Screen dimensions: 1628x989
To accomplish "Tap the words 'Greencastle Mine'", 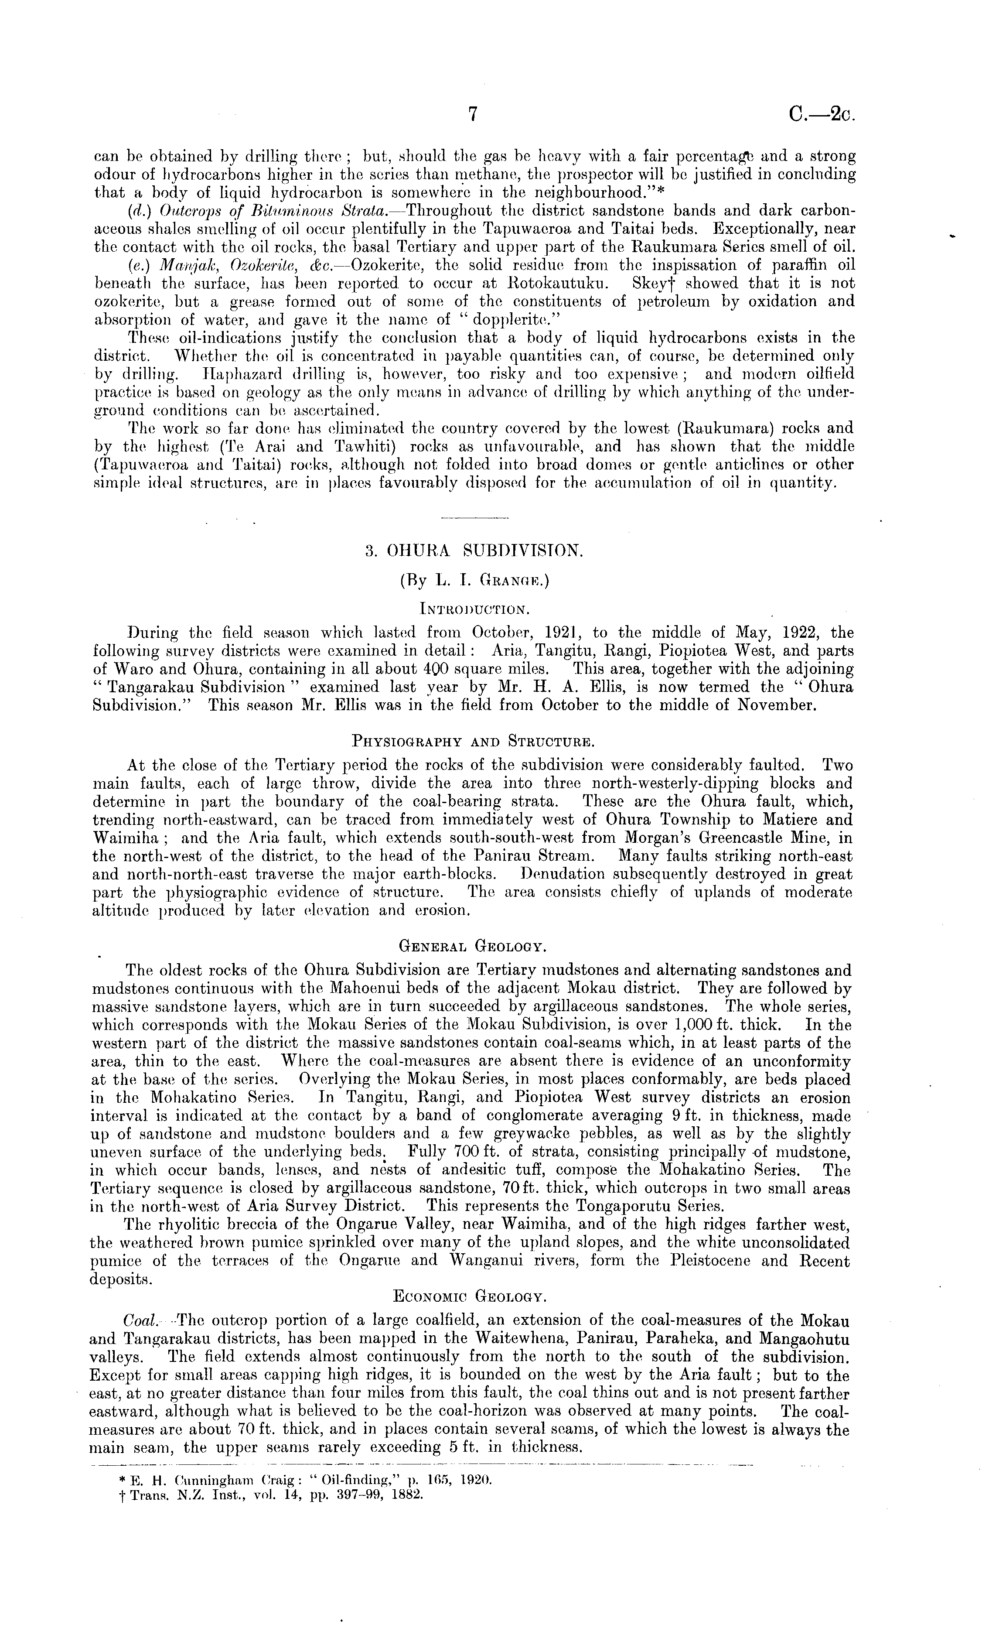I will (x=753, y=838).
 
